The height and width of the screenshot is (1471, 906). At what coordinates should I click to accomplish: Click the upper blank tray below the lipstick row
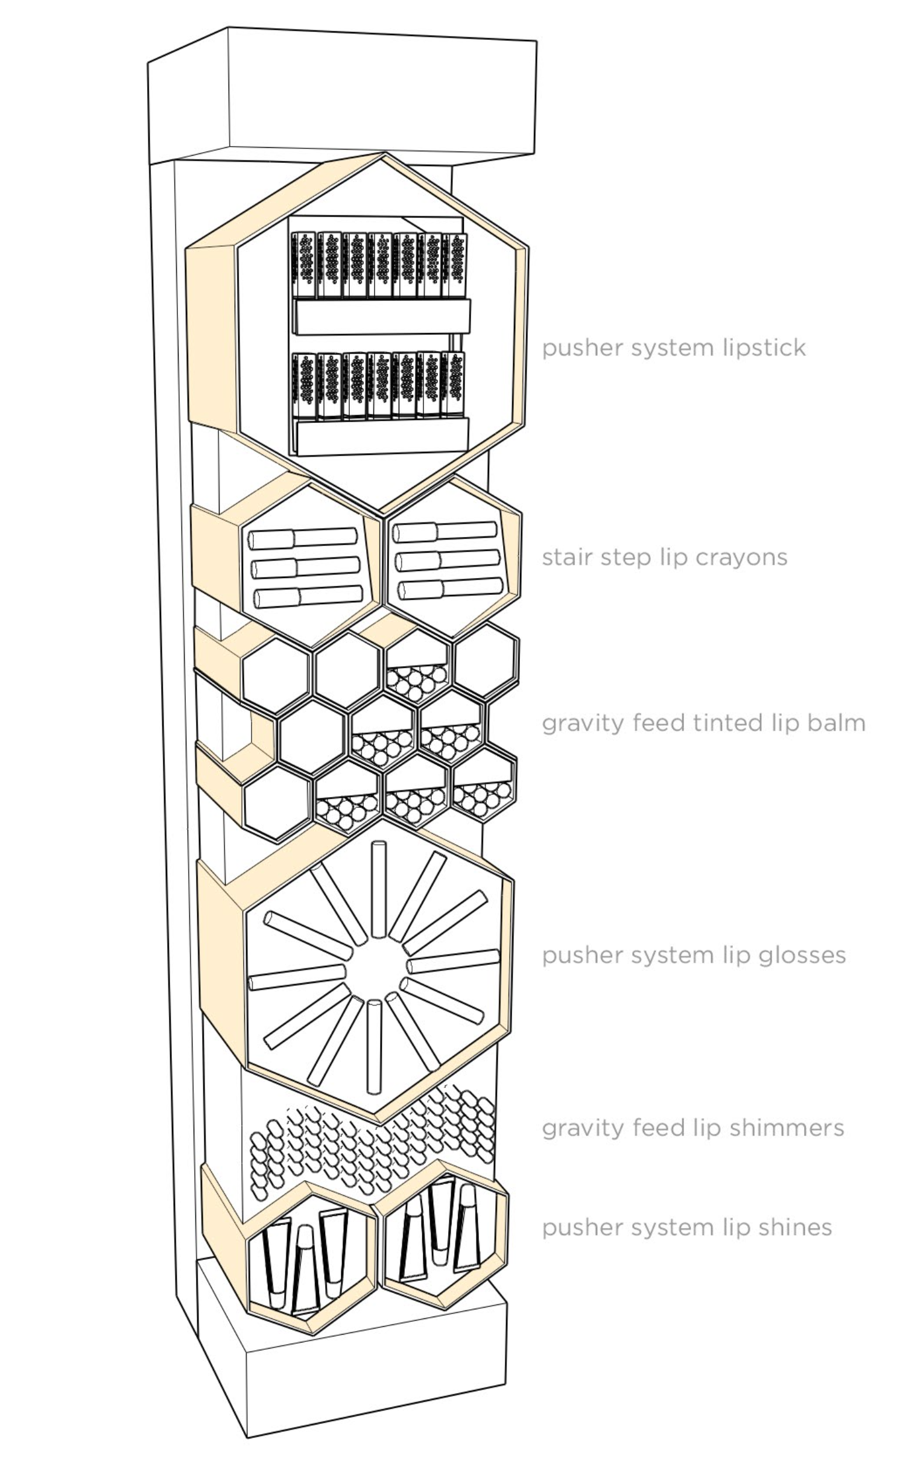coord(381,317)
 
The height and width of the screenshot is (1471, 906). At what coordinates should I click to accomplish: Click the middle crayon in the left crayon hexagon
coord(305,567)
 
